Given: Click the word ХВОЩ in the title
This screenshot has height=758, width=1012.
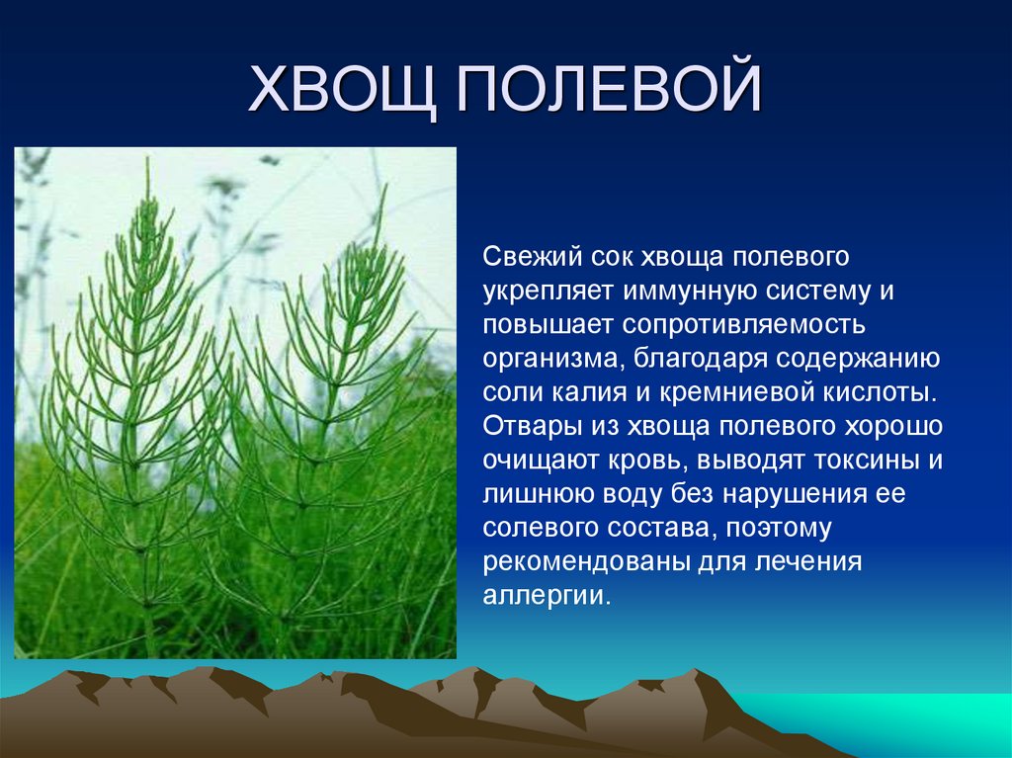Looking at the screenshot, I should point(341,90).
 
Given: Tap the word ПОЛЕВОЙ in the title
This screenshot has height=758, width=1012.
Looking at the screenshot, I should point(609,90).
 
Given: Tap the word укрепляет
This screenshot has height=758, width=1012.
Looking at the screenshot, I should point(546,292).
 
